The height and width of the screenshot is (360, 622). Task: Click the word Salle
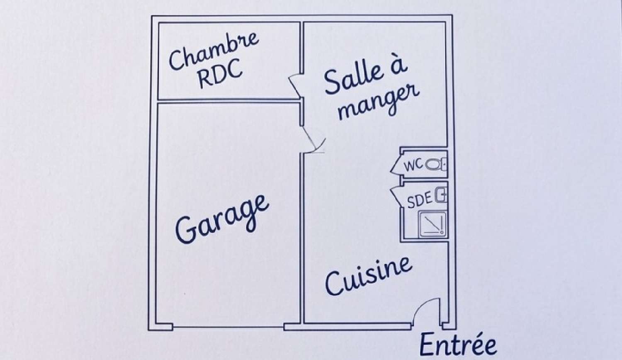click(x=354, y=79)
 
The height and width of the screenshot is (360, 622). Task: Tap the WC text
click(x=413, y=165)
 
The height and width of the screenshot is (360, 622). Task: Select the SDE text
click(x=419, y=201)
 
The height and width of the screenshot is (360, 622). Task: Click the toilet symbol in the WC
click(x=434, y=165)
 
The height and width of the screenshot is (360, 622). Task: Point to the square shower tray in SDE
click(x=432, y=224)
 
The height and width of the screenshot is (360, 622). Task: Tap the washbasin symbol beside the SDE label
click(x=441, y=195)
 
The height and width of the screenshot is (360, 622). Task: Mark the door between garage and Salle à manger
click(x=312, y=139)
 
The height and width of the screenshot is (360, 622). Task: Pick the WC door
click(x=396, y=165)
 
